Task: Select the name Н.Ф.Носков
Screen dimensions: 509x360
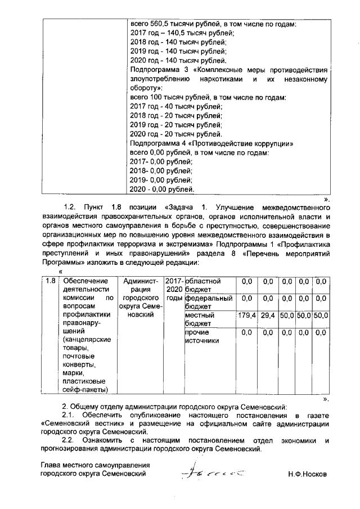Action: pyautogui.click(x=307, y=474)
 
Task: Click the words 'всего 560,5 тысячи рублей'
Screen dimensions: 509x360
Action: pyautogui.click(x=174, y=25)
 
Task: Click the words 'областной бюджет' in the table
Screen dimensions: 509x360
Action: pyautogui.click(x=208, y=285)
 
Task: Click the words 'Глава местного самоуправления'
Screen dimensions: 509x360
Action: pyautogui.click(x=97, y=465)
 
